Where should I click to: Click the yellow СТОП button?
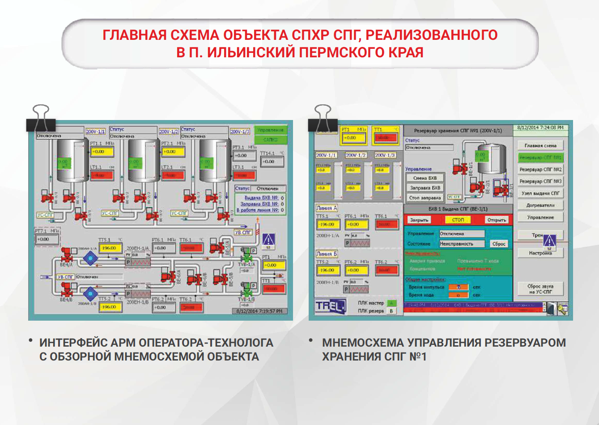(458, 220)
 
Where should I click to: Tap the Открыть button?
(496, 220)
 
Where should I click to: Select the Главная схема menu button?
(540, 146)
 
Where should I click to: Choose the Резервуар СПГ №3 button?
(540, 181)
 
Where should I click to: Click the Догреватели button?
(540, 205)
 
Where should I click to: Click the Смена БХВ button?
(425, 178)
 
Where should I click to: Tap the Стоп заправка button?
(425, 197)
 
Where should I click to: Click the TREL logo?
(330, 306)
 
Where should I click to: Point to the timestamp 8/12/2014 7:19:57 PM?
(259, 311)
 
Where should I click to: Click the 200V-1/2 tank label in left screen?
(169, 132)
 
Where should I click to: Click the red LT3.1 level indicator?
(244, 175)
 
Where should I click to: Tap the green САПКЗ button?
(270, 140)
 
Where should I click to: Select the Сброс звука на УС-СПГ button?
(540, 289)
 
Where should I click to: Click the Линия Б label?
(327, 254)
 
